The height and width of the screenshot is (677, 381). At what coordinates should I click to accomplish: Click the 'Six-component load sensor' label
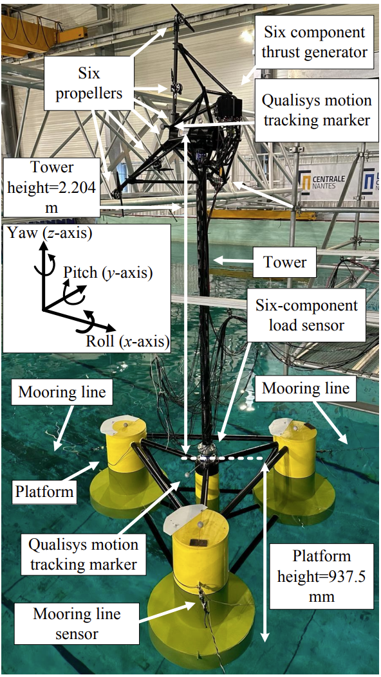(306, 315)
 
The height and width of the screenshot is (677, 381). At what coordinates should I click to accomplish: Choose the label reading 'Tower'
(284, 261)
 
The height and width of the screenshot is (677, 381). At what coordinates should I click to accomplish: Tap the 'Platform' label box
(44, 492)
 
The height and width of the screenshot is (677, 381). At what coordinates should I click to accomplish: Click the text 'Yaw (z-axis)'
(50, 234)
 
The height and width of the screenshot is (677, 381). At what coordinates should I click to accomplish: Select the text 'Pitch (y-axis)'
(108, 273)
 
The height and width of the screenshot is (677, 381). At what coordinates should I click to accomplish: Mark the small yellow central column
(207, 484)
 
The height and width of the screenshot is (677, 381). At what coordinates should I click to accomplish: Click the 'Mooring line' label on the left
(62, 392)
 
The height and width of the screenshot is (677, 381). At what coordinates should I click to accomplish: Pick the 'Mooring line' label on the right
(306, 388)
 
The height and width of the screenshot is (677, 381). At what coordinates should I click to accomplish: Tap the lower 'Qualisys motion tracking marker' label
(83, 554)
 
